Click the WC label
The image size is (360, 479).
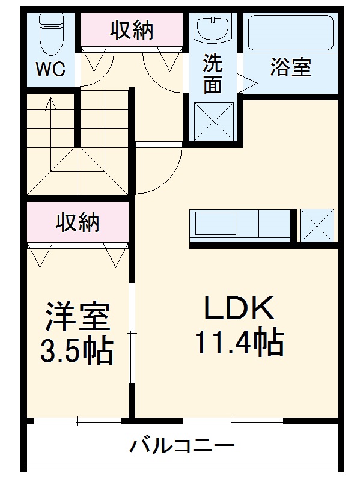[x=50, y=70]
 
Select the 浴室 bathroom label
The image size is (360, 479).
[x=290, y=68]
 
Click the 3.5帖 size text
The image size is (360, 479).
[x=76, y=352]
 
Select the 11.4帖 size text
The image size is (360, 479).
[x=239, y=344]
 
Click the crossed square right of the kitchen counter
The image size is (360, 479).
[x=317, y=225]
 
